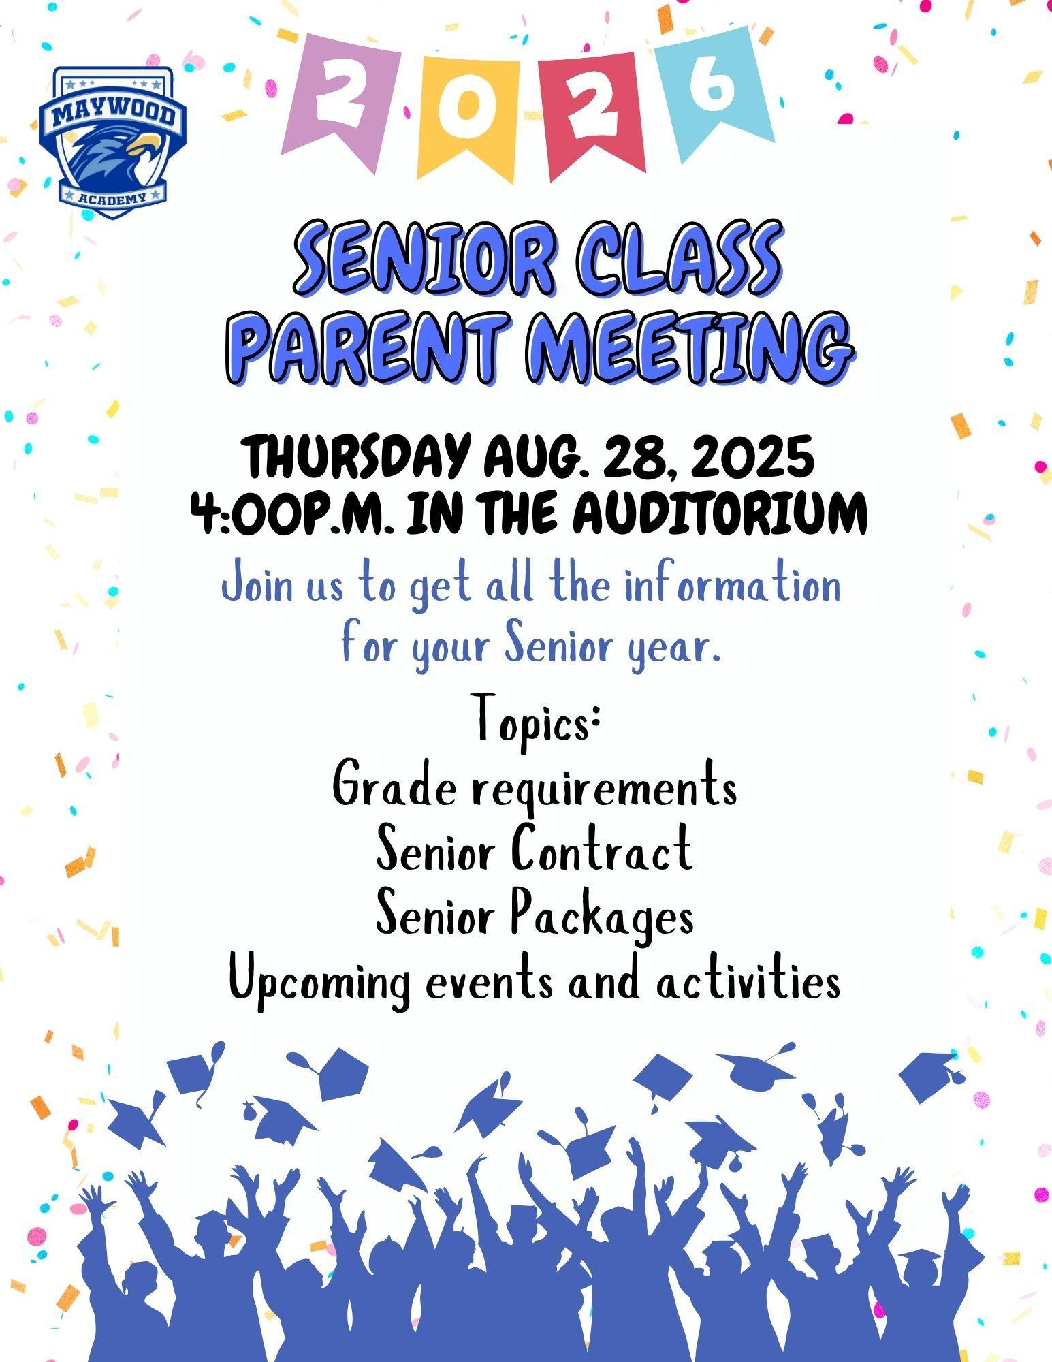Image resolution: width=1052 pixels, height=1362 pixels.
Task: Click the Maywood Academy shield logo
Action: [111, 142]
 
